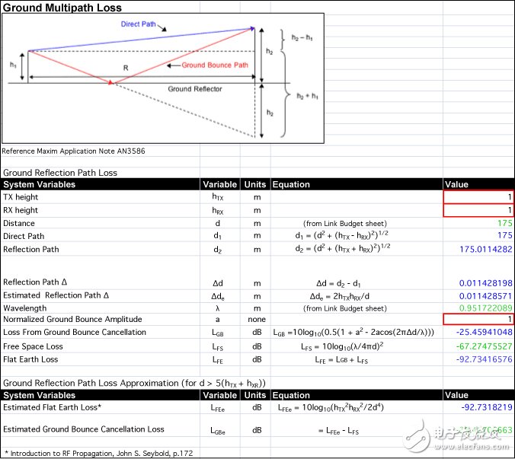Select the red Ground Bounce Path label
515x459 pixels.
click(x=216, y=65)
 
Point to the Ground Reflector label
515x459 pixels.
click(x=195, y=89)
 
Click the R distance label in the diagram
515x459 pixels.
click(x=126, y=68)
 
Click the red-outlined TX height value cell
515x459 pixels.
click(x=478, y=197)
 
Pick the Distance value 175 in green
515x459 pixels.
click(x=503, y=223)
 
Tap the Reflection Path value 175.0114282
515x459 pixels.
click(x=481, y=249)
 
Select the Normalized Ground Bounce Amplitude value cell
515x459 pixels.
click(x=478, y=320)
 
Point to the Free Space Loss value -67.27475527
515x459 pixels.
click(x=481, y=346)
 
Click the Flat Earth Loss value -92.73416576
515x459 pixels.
click(x=481, y=359)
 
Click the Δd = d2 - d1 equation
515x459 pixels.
click(x=335, y=282)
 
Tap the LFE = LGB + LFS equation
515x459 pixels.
click(x=334, y=359)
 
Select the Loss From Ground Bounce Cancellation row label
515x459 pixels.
click(x=75, y=333)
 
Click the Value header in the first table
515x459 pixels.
click(x=456, y=184)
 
